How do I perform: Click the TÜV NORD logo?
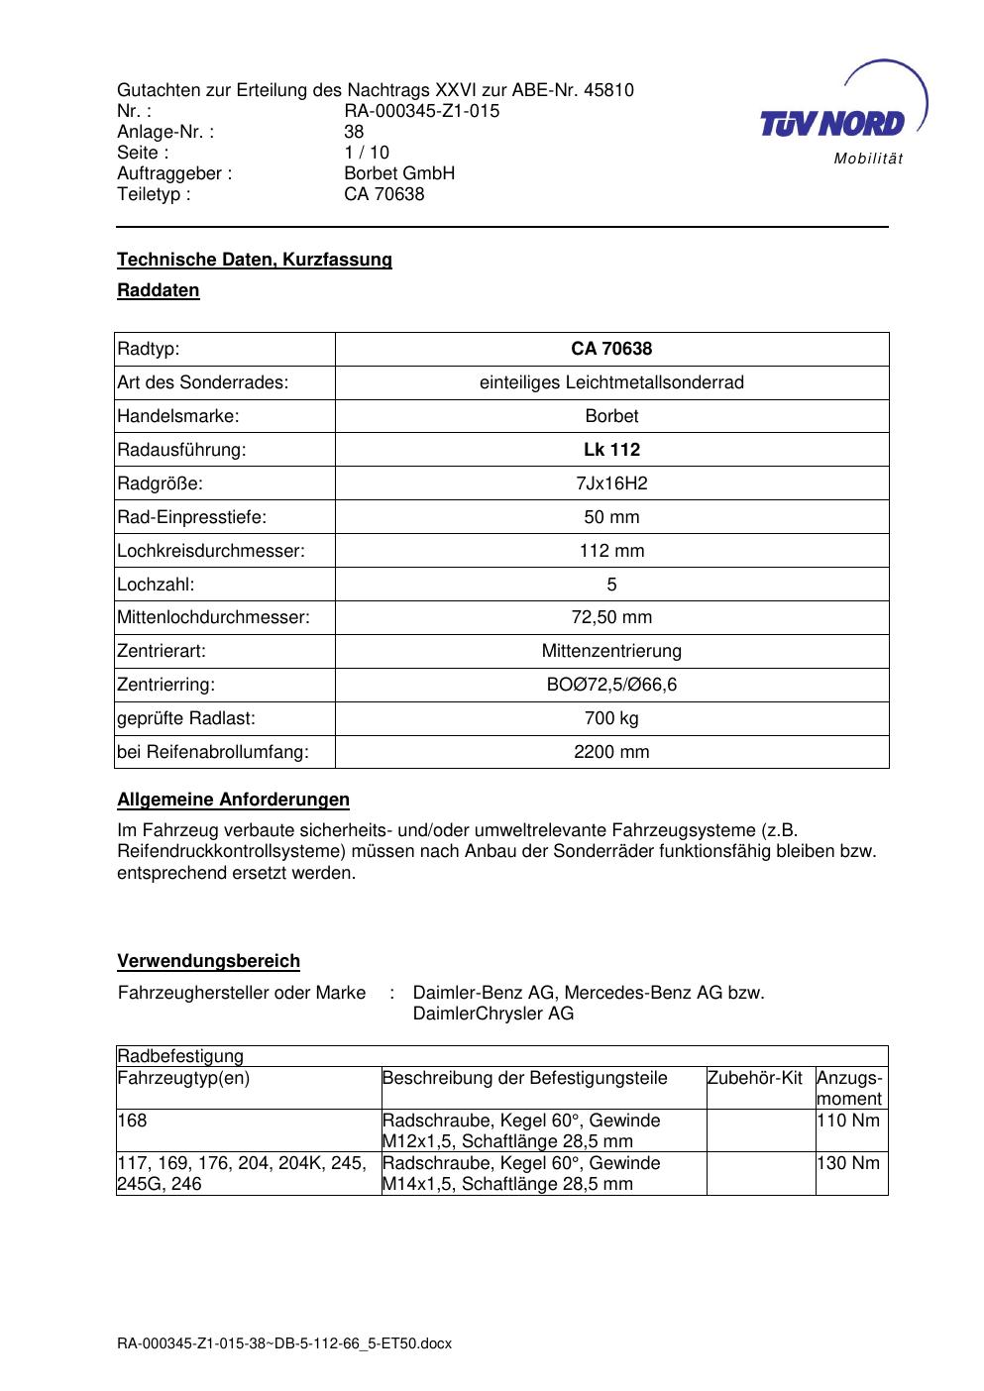[x=832, y=124]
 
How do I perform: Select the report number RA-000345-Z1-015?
[x=421, y=111]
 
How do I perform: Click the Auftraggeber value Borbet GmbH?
[x=399, y=173]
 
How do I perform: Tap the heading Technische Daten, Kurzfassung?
[x=255, y=260]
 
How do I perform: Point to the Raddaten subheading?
[x=159, y=290]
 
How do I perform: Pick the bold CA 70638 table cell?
[x=611, y=349]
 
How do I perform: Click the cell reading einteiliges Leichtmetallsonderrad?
[x=611, y=382]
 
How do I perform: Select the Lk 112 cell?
[x=611, y=450]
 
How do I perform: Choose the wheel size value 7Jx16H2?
[x=611, y=483]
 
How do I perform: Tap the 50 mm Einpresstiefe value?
[x=611, y=517]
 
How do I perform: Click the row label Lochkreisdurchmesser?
[x=210, y=551]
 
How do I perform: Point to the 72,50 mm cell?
[x=611, y=618]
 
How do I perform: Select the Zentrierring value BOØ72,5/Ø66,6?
[x=611, y=685]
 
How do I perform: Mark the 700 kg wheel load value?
[x=611, y=718]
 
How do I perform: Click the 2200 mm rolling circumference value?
[x=611, y=752]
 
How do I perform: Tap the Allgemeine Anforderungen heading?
[x=233, y=800]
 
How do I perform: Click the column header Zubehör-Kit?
[x=754, y=1078]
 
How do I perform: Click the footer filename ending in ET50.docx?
[x=284, y=1343]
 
